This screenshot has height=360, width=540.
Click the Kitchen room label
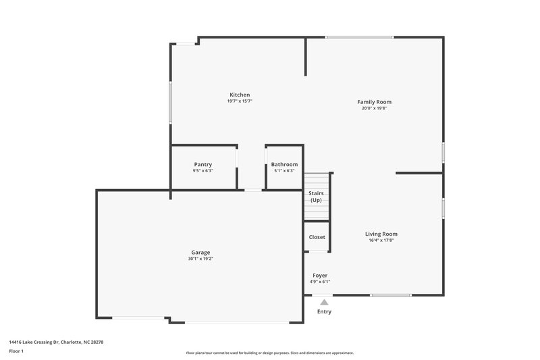pyautogui.click(x=240, y=95)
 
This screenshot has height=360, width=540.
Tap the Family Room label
pyautogui.click(x=374, y=102)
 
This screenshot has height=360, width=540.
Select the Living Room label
pyautogui.click(x=381, y=234)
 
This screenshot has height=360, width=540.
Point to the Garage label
pyautogui.click(x=200, y=252)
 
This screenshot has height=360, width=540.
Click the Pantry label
pyautogui.click(x=202, y=164)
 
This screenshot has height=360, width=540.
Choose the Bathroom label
pyautogui.click(x=284, y=164)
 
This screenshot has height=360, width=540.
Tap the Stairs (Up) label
pyautogui.click(x=316, y=197)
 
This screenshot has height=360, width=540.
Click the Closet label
pyautogui.click(x=317, y=237)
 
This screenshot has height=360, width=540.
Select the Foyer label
pyautogui.click(x=320, y=276)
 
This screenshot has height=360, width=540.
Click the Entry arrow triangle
pyautogui.click(x=325, y=302)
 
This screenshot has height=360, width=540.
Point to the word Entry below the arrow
pyautogui.click(x=325, y=312)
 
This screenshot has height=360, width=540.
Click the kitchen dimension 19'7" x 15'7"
pyautogui.click(x=240, y=101)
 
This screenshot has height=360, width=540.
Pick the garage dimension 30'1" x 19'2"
pyautogui.click(x=200, y=259)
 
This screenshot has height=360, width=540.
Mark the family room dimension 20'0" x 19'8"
pyautogui.click(x=374, y=108)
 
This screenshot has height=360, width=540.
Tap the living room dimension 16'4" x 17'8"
pyautogui.click(x=381, y=240)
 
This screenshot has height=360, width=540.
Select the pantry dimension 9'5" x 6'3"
pyautogui.click(x=202, y=171)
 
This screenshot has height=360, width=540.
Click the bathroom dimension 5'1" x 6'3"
pyautogui.click(x=284, y=171)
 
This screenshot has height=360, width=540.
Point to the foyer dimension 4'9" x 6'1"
pyautogui.click(x=320, y=282)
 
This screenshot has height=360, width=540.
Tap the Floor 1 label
pyautogui.click(x=17, y=352)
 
